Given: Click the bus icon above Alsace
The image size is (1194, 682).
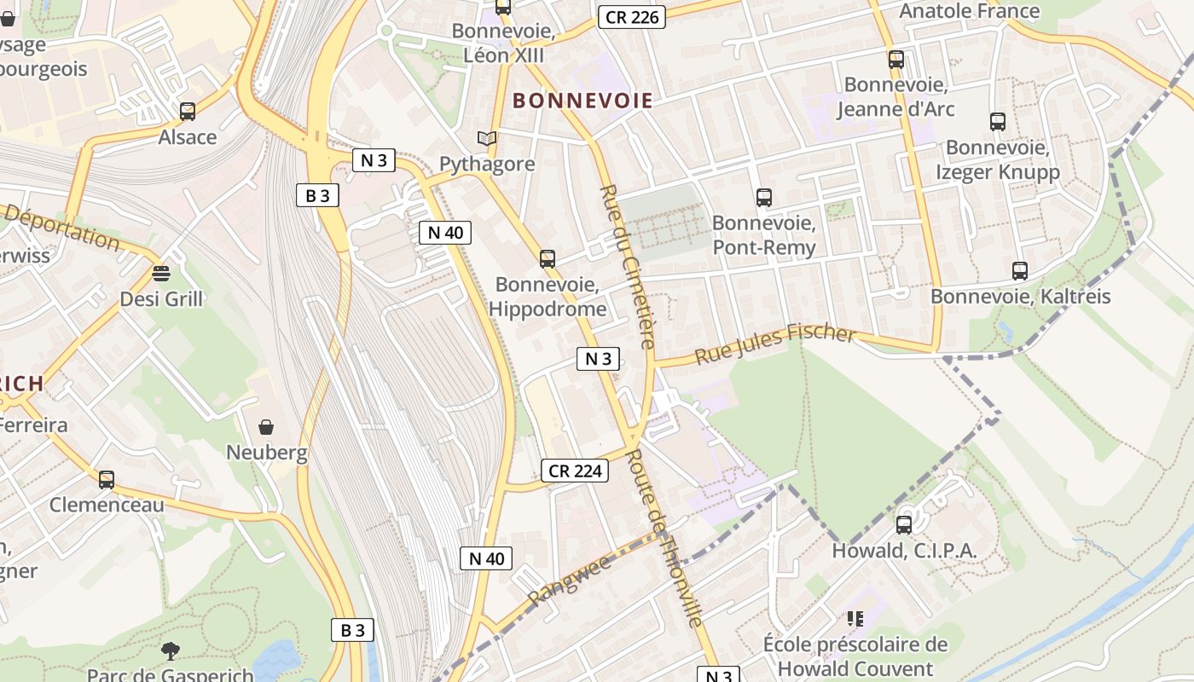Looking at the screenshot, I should [188, 111].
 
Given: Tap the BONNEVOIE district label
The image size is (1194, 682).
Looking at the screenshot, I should [583, 101].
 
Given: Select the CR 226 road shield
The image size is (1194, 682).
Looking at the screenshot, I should [631, 16].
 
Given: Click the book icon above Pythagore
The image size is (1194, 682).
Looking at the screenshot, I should [487, 138].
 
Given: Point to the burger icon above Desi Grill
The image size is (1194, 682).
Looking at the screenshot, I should [161, 274].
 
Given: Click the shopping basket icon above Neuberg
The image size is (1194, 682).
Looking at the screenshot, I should [266, 426].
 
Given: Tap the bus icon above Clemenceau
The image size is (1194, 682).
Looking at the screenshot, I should [107, 479].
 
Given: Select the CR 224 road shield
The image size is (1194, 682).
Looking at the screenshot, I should [575, 471].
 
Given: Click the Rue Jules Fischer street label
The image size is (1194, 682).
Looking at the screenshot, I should [774, 343].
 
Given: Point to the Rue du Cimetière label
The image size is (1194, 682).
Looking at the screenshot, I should [627, 266].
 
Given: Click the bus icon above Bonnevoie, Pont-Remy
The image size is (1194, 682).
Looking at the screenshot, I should [764, 198].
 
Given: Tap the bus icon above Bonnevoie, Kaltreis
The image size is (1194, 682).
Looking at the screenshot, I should [1020, 271].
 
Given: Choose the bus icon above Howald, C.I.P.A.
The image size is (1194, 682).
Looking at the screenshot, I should [904, 524].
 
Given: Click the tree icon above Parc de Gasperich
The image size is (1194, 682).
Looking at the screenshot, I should [171, 651].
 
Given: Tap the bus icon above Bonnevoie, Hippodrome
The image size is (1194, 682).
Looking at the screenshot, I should [548, 258].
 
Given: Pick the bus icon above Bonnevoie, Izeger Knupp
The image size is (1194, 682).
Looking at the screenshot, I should [998, 121].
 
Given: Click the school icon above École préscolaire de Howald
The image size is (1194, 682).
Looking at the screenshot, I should [855, 618].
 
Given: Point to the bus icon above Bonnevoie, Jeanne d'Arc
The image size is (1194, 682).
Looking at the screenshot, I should [895, 59].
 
